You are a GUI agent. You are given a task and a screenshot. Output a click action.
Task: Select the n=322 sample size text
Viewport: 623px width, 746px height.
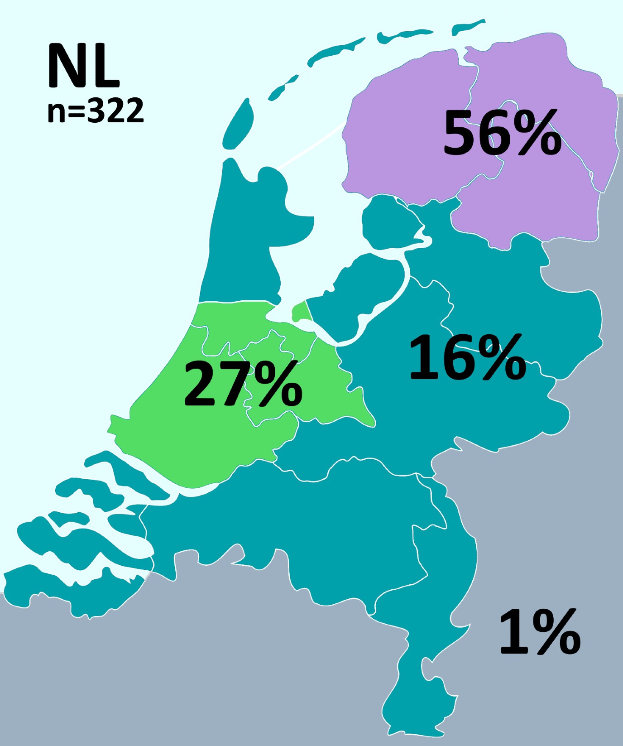[x=96, y=111]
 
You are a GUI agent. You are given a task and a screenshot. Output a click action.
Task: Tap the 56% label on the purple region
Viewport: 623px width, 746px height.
[x=502, y=133]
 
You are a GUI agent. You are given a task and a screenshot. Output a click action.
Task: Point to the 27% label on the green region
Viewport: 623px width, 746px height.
[x=243, y=384]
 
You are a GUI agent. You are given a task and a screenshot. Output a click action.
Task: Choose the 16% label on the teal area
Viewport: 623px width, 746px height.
[x=467, y=358]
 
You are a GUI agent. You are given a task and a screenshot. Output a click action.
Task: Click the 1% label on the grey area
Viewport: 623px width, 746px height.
[x=539, y=632]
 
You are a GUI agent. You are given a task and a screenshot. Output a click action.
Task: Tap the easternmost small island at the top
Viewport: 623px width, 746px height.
[x=469, y=26]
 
